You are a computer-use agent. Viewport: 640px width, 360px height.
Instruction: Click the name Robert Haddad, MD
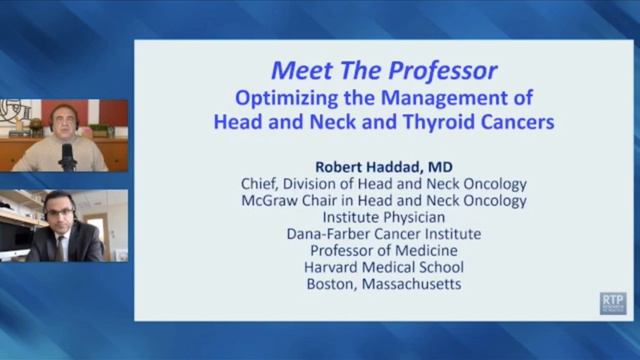coord(383,166)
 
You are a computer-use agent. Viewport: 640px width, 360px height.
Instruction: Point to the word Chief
coord(261,184)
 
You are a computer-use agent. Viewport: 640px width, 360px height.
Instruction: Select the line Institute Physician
coord(383,217)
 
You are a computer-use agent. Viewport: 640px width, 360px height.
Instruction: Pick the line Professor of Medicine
coord(383,250)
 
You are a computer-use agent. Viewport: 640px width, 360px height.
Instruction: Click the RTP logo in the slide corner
coord(612,302)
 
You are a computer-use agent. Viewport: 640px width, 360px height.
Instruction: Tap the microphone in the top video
coord(68,156)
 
